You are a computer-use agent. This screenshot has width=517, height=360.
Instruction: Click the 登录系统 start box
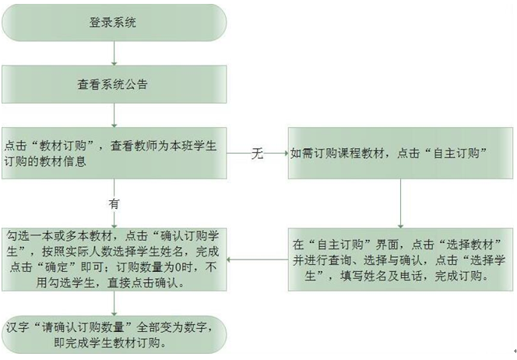114,23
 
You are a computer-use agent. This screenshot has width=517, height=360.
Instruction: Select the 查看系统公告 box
114,84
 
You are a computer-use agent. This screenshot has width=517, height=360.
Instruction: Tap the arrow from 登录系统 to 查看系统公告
114,54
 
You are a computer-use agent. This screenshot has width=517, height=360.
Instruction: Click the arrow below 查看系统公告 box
114,115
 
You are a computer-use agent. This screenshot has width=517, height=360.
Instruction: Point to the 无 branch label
258,154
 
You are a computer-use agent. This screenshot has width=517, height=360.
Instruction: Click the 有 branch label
114,204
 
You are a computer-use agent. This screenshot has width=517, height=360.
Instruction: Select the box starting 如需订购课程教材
401,154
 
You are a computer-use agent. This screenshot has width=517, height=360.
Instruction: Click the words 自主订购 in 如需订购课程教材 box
456,153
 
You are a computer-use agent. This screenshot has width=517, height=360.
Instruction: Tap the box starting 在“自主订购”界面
401,259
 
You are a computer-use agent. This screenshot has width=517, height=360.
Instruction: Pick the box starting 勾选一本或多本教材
114,259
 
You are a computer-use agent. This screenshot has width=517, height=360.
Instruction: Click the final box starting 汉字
114,335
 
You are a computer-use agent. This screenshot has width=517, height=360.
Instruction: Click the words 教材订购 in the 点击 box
62,146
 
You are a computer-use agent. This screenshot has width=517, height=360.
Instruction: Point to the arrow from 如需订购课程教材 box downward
401,203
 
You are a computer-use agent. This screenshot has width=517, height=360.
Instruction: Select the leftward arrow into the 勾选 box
258,259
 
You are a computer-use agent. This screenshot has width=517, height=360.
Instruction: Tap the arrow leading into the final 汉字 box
114,304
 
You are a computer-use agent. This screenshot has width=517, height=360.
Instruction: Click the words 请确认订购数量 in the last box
83,327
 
